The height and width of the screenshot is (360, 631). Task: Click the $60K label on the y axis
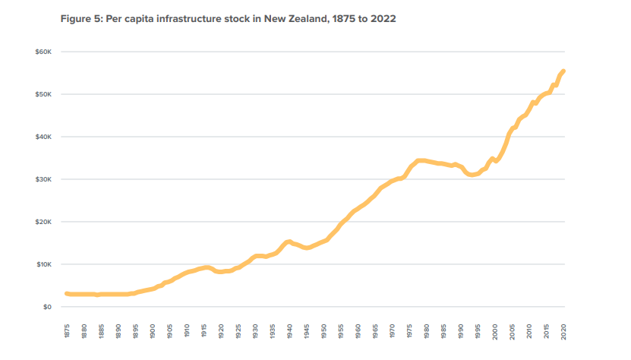[43, 52]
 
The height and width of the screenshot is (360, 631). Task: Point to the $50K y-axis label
[43, 94]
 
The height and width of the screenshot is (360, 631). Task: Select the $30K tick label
[43, 179]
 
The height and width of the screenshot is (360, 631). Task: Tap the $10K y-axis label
[43, 264]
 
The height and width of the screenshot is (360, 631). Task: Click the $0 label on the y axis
[46, 307]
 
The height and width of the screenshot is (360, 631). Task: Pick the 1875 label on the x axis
[67, 331]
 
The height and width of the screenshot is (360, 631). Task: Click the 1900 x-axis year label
[153, 331]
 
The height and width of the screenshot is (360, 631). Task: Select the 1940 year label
[289, 331]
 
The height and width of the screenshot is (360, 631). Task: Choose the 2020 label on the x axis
[563, 331]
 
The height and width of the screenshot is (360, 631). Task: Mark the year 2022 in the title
[382, 18]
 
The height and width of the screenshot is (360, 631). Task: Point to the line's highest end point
[563, 71]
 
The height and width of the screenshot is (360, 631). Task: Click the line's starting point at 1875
[67, 293]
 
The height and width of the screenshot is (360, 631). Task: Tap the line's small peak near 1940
[289, 242]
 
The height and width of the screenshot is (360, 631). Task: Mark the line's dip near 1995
[472, 175]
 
